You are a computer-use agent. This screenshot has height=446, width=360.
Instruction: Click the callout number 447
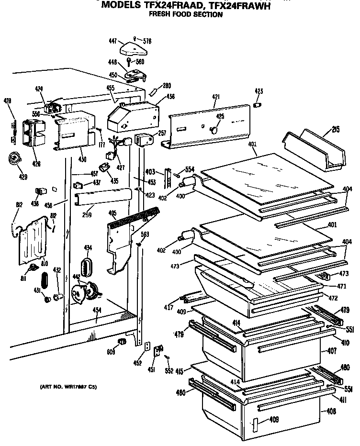[112, 42]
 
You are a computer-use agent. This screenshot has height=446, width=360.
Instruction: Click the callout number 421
[216, 97]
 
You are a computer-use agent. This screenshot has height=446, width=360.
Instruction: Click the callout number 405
[112, 213]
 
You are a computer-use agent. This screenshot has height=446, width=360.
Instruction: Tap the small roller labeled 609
[122, 341]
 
